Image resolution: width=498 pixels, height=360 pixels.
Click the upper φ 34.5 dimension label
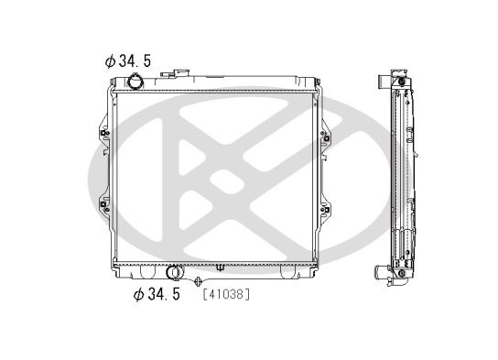(x=127, y=61)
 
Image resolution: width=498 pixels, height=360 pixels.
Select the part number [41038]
(x=224, y=295)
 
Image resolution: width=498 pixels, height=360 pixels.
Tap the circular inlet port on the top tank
(x=136, y=82)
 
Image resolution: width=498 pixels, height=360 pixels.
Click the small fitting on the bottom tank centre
(x=220, y=268)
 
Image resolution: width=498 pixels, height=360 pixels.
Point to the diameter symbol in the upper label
(x=109, y=61)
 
